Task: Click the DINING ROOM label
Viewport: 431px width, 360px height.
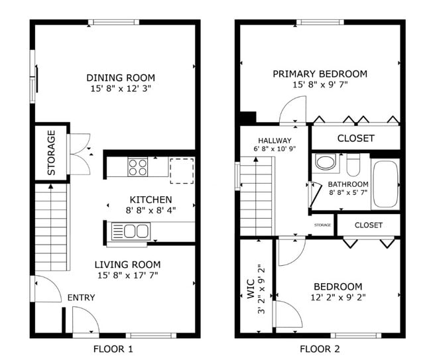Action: click(115, 76)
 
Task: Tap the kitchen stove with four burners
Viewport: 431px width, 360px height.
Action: click(138, 166)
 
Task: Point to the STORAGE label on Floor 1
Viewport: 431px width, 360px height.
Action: click(52, 153)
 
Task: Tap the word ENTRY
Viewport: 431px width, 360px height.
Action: click(81, 298)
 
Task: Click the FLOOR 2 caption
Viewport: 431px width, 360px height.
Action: click(321, 348)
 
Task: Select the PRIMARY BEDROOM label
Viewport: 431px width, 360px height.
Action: click(320, 74)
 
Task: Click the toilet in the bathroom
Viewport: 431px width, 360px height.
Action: click(353, 164)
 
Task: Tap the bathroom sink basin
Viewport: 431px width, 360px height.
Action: click(326, 162)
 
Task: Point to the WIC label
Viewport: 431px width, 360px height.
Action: click(251, 290)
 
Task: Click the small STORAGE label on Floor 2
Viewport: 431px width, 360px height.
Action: click(322, 225)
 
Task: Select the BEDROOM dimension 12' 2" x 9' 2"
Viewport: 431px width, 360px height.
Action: click(338, 298)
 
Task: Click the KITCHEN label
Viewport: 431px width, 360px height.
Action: click(151, 199)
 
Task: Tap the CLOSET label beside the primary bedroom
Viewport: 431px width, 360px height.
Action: click(355, 139)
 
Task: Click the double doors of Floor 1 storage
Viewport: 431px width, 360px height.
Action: click(80, 154)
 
